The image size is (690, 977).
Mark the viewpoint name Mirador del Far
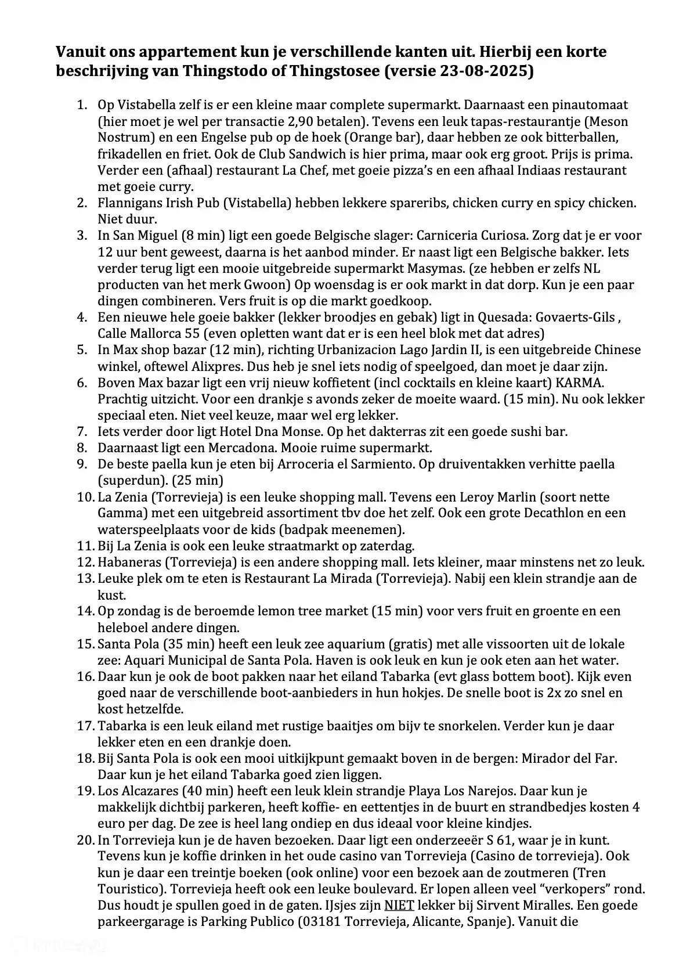[569, 758]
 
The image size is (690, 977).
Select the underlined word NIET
[399, 905]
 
